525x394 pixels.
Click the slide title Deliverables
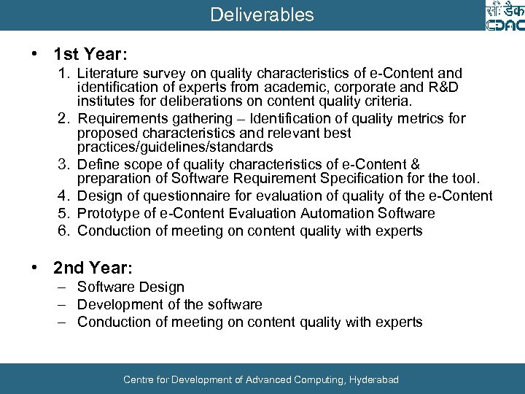coord(262,15)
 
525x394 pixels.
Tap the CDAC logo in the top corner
coord(504,16)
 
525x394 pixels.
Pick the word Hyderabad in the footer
coord(374,380)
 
